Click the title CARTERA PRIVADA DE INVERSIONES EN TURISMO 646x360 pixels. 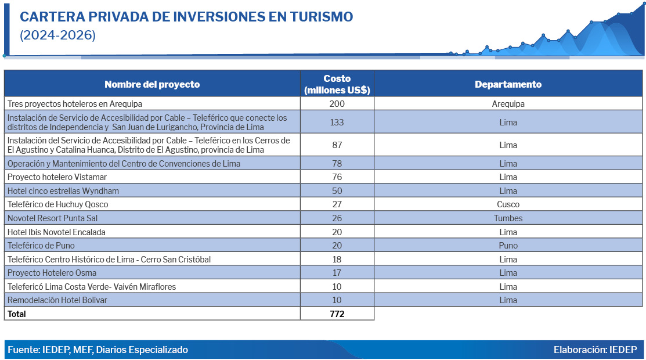point(186,17)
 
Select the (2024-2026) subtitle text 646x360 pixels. point(57,35)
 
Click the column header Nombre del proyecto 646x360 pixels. point(152,84)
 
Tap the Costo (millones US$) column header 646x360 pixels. point(337,84)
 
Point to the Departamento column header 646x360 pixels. point(508,84)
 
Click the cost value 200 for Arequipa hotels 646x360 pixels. point(337,104)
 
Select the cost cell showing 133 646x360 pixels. point(337,123)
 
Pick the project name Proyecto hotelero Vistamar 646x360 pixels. point(57,177)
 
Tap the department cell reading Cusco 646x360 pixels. point(508,204)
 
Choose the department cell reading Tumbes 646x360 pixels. point(508,218)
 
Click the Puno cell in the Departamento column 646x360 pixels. point(508,246)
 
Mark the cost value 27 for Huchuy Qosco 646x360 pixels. point(337,204)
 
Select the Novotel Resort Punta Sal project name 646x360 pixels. point(52,218)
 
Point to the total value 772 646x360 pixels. point(337,314)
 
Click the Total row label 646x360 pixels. point(17,314)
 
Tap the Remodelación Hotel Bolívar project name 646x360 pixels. point(57,300)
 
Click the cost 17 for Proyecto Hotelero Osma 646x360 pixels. point(337,273)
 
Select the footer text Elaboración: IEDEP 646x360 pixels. point(595,350)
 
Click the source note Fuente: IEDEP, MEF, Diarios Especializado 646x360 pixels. point(98,350)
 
